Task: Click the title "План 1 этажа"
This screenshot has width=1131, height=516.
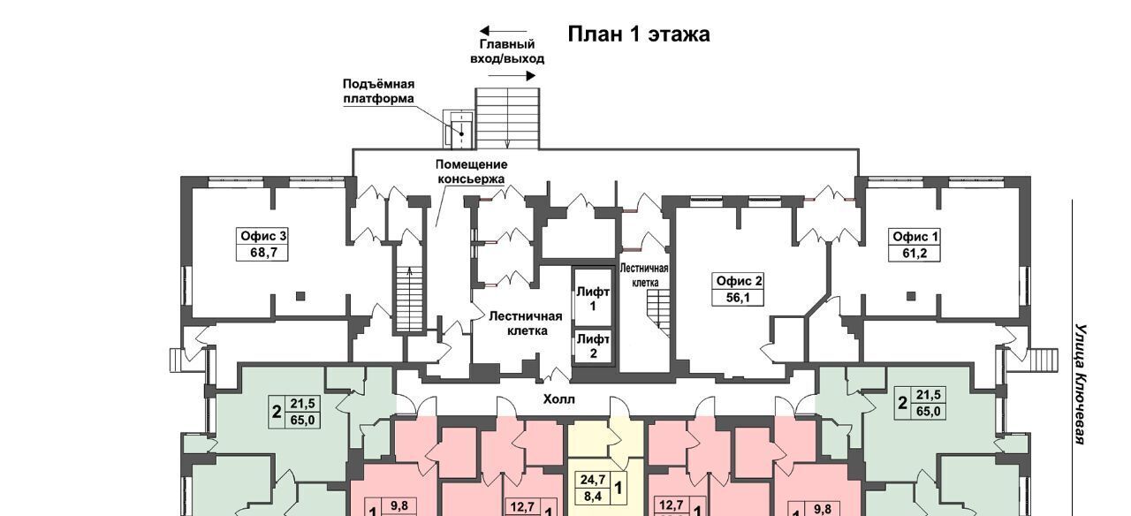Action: (x=639, y=34)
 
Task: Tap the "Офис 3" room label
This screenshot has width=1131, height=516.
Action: (x=262, y=236)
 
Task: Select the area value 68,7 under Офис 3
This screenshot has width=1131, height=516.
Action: (x=263, y=253)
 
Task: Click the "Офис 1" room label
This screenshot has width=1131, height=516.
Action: (x=915, y=237)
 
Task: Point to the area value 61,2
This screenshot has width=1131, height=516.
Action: (x=915, y=253)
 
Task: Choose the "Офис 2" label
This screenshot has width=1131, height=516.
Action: (x=739, y=281)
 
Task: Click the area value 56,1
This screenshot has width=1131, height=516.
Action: (x=738, y=298)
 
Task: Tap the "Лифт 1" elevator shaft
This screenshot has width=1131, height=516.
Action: (x=593, y=298)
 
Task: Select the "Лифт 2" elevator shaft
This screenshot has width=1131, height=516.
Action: (x=593, y=346)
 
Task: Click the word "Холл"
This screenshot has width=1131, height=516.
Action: (x=558, y=399)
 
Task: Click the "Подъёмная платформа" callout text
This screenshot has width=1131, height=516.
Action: (x=379, y=91)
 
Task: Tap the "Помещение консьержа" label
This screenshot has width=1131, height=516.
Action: (x=471, y=171)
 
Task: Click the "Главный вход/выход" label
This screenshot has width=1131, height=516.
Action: (x=507, y=51)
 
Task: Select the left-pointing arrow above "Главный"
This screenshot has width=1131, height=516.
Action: (x=504, y=30)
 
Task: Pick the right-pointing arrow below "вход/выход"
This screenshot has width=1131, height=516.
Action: (x=512, y=76)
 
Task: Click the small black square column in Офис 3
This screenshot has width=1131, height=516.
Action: (x=300, y=296)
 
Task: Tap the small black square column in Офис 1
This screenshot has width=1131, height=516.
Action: (x=910, y=296)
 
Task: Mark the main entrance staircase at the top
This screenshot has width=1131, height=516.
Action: (x=507, y=118)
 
